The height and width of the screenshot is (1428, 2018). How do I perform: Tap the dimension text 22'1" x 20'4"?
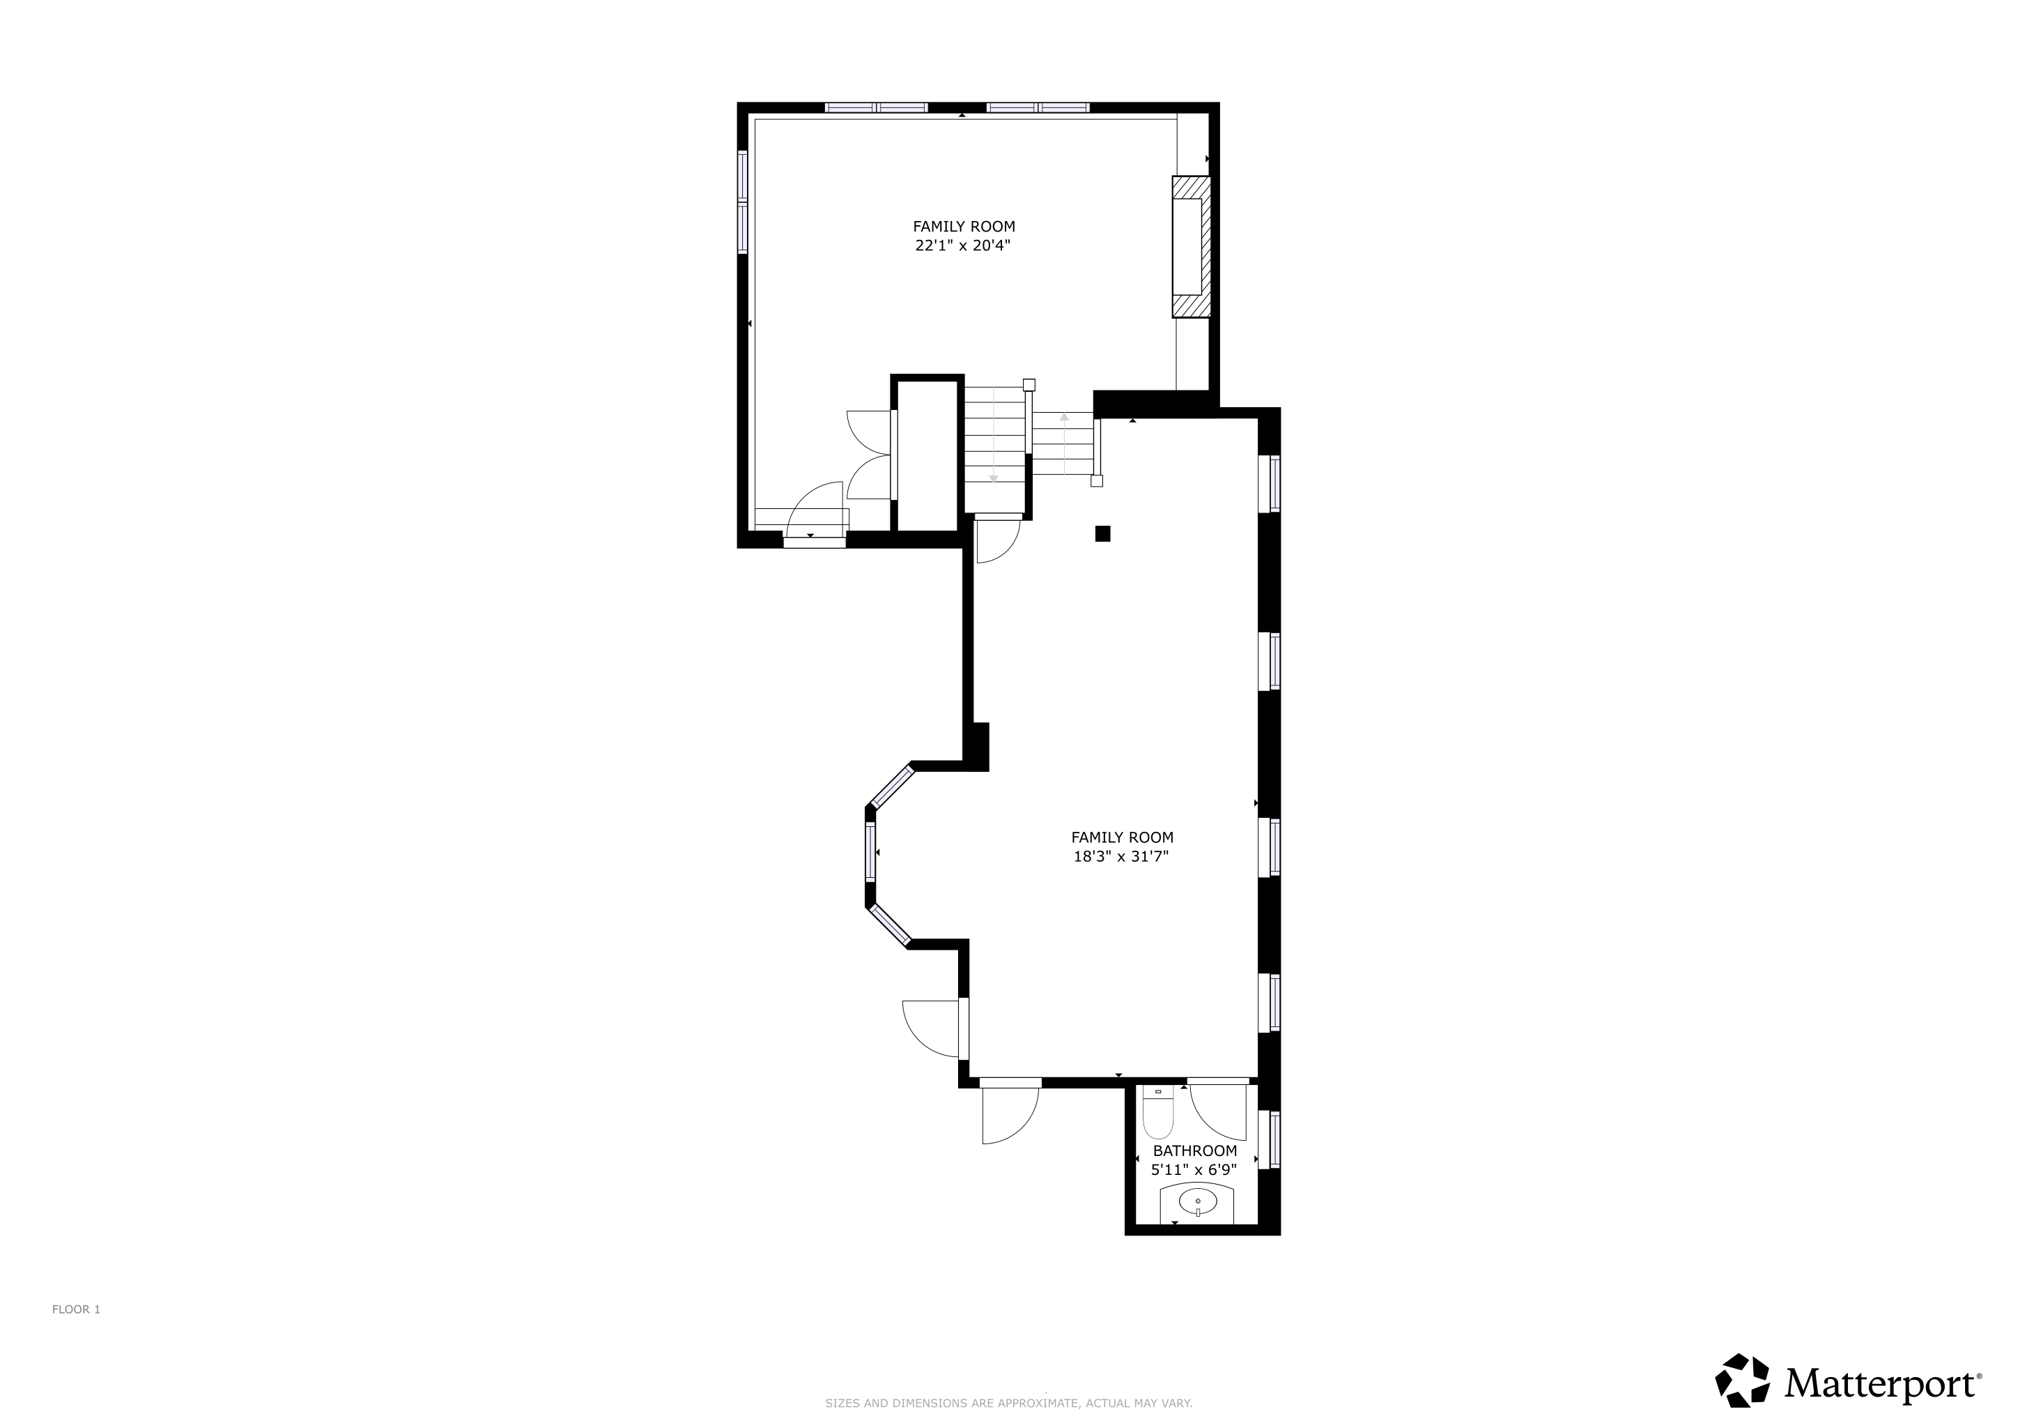pyautogui.click(x=963, y=246)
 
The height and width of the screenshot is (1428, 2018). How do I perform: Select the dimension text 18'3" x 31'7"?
pyautogui.click(x=1121, y=856)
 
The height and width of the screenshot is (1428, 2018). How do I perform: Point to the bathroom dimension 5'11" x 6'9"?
pyautogui.click(x=1194, y=1169)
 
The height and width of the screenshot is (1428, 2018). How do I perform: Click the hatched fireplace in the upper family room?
pyautogui.click(x=1191, y=246)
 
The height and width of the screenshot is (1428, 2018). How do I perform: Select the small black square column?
pyautogui.click(x=1102, y=533)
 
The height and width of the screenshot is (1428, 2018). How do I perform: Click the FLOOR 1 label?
pyautogui.click(x=77, y=1309)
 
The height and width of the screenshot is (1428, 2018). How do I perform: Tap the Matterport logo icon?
pyautogui.click(x=1743, y=1381)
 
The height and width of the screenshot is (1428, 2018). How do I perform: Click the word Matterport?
pyautogui.click(x=1879, y=1384)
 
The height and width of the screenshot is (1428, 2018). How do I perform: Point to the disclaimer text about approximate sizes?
pyautogui.click(x=1008, y=1404)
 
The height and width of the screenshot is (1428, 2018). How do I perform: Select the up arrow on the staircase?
pyautogui.click(x=1063, y=443)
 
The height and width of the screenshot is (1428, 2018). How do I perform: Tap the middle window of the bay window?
pyautogui.click(x=871, y=852)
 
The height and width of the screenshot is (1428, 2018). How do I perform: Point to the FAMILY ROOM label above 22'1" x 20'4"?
pyautogui.click(x=963, y=226)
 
